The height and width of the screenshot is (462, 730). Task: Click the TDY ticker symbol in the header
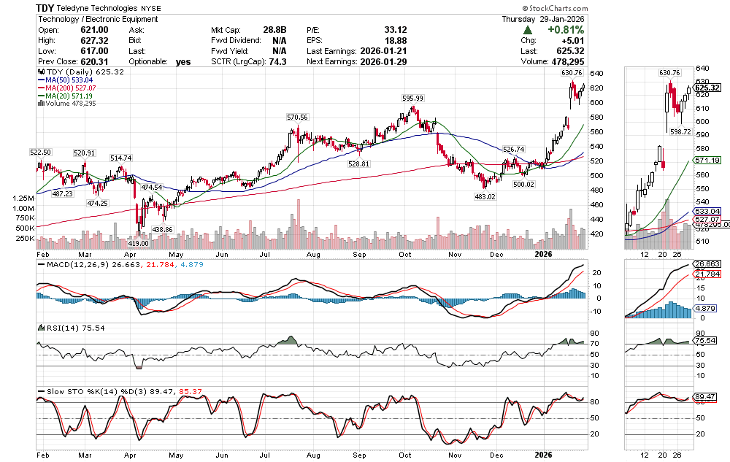[47, 7]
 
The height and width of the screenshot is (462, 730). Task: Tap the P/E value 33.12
[395, 30]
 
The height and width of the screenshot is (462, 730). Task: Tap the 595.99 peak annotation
[412, 98]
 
